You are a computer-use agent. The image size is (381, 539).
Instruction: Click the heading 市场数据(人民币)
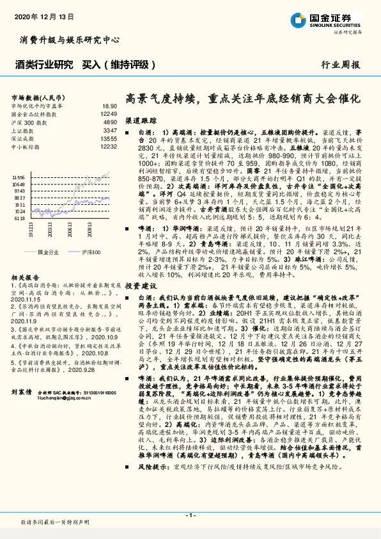[35, 97]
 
